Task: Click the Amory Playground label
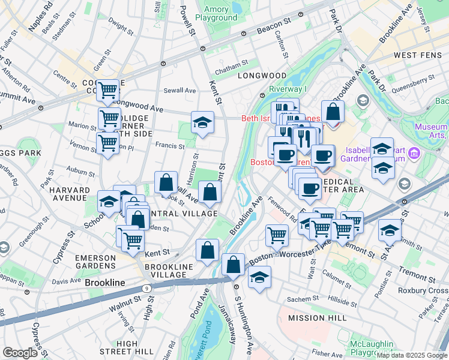coord(220,13)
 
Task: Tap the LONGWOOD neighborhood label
coord(262,76)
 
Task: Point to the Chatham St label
coord(232,64)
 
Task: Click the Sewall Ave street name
coord(180,91)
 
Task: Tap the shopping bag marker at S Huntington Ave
coord(233,263)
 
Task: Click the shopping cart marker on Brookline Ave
coord(276,234)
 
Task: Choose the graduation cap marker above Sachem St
coord(259,277)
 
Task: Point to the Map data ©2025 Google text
coord(412,355)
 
